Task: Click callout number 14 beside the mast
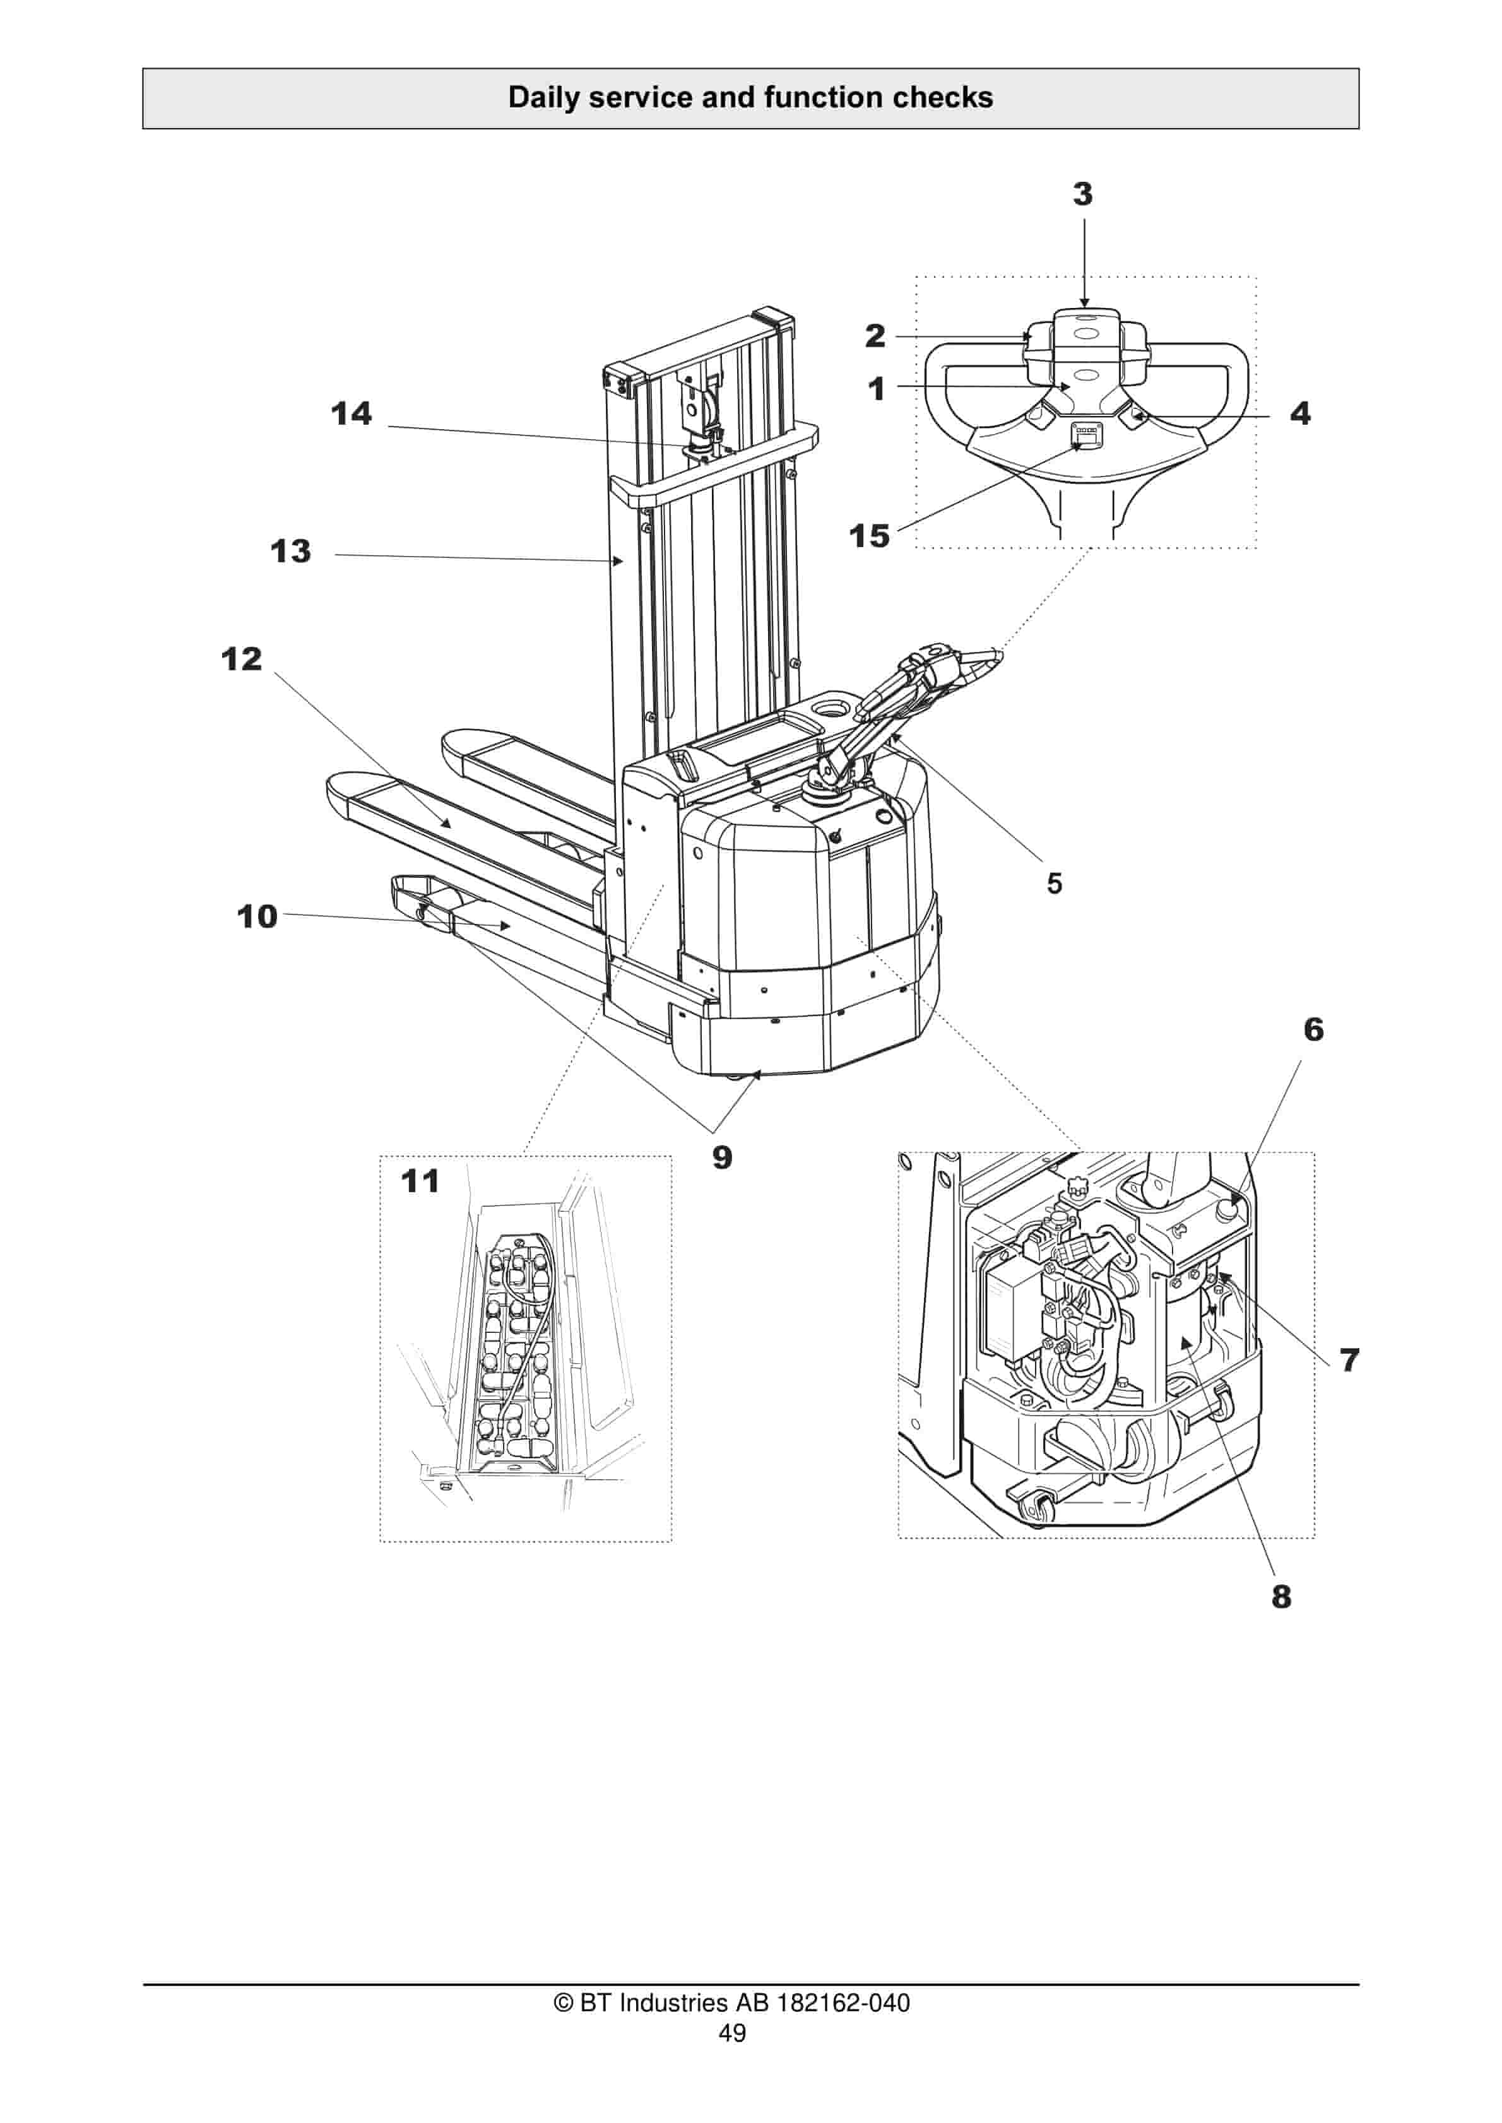pos(352,413)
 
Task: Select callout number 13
pos(290,552)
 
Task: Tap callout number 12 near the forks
pos(241,659)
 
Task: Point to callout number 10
pos(257,916)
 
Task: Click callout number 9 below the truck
pos(723,1157)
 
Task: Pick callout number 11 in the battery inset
pos(420,1181)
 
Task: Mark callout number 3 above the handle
pos(1083,194)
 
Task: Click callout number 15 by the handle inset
pos(870,536)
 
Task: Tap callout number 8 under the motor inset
pos(1281,1597)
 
